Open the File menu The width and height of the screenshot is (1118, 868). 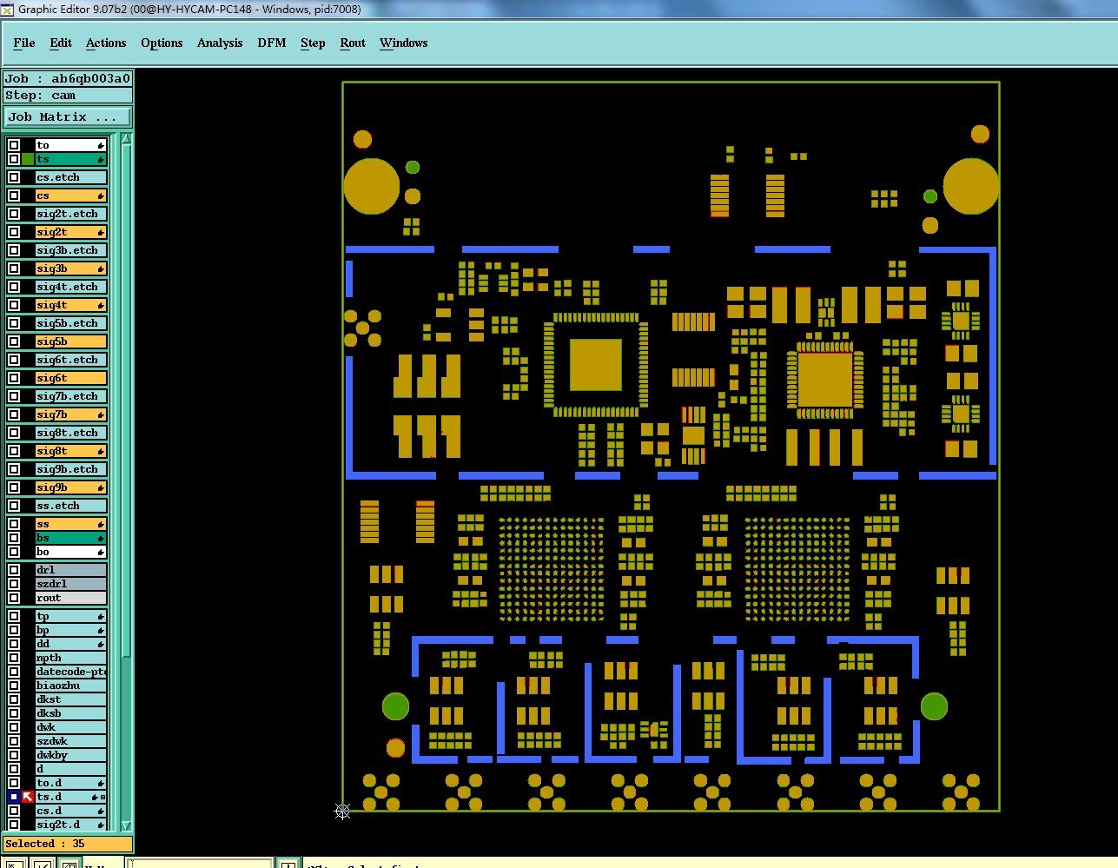pos(24,43)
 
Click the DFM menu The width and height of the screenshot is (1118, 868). pos(271,43)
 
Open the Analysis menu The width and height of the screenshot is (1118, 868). pos(220,43)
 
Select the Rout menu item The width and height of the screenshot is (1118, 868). pos(353,43)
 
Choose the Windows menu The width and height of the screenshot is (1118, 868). pos(403,43)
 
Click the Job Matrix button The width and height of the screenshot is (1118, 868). pos(68,116)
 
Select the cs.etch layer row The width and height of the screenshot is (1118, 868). pos(69,177)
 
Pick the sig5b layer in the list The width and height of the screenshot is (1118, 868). pos(69,341)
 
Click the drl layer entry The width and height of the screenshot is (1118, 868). pos(69,570)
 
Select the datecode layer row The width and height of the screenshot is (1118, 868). pos(69,672)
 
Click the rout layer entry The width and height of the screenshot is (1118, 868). pos(69,598)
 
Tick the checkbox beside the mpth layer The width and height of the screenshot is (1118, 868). pos(14,658)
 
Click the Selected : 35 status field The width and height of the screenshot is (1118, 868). pos(68,844)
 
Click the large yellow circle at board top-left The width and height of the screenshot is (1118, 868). pos(372,186)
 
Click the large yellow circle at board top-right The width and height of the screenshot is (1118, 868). pos(970,186)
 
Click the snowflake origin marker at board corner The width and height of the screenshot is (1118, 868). pos(342,812)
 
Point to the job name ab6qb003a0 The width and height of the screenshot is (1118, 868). pos(90,78)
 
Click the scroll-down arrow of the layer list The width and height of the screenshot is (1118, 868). pos(126,825)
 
